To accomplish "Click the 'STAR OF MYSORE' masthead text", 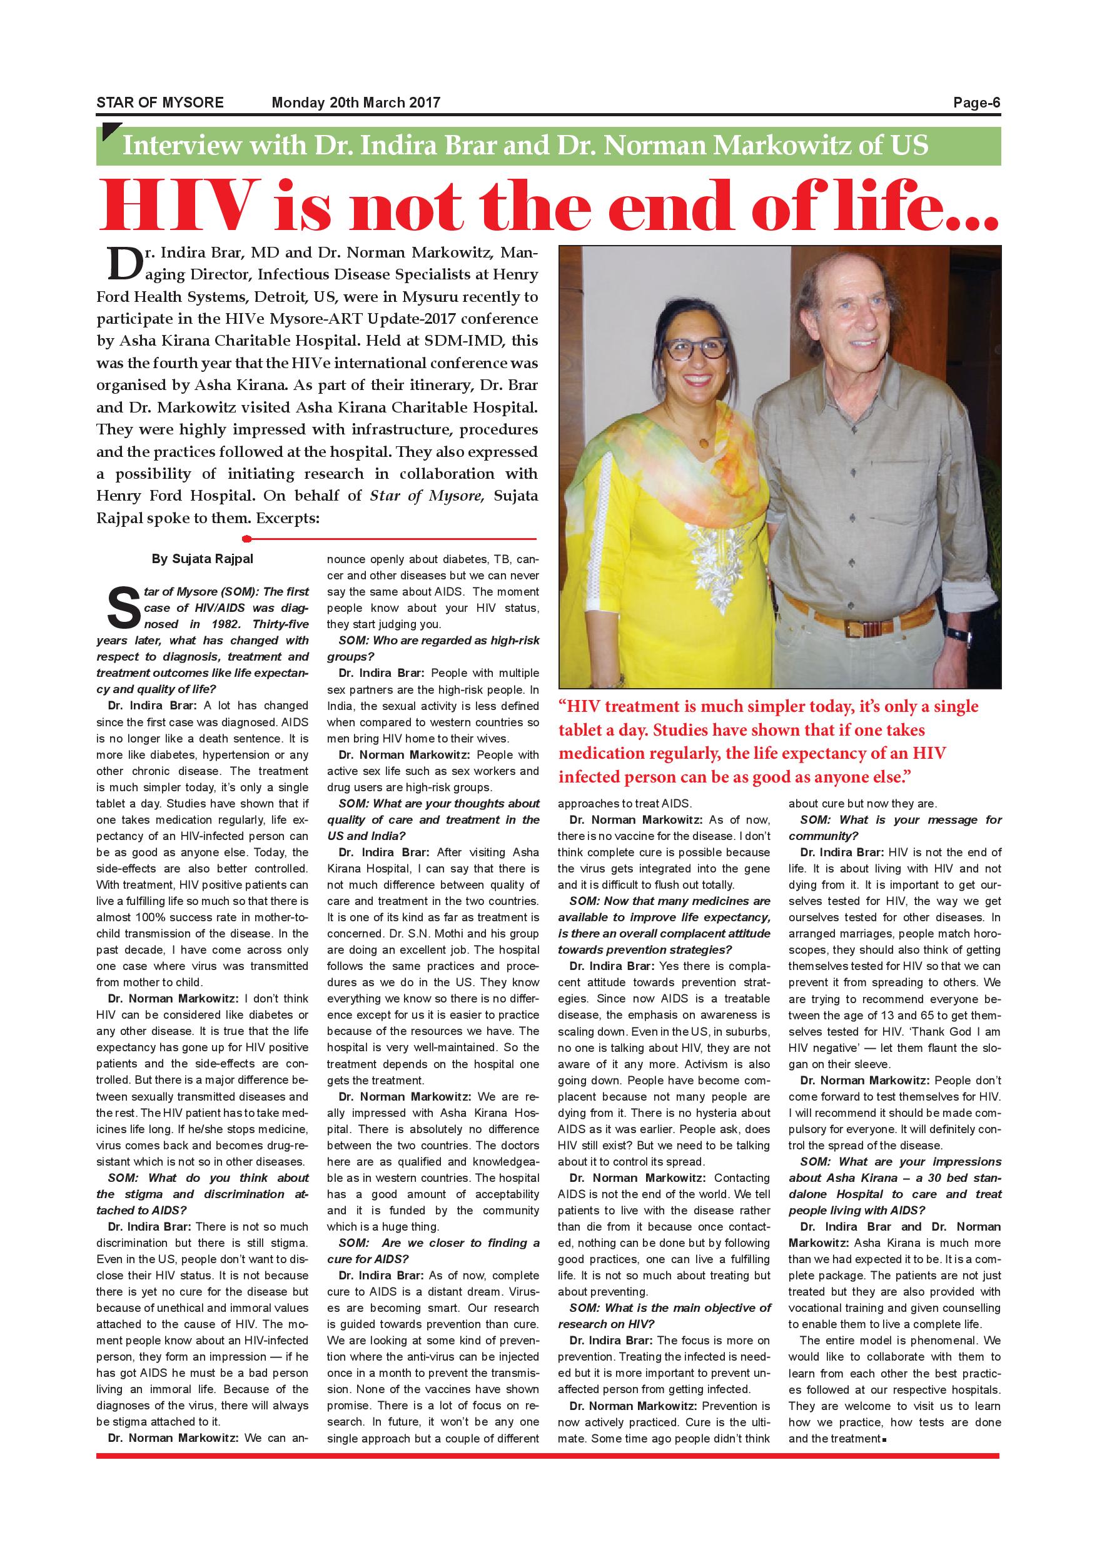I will point(159,103).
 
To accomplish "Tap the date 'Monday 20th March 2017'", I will point(355,103).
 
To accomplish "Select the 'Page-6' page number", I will point(976,103).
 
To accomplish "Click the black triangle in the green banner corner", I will point(109,132).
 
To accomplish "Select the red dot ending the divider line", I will point(247,539).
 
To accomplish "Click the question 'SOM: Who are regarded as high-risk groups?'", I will point(433,648).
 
